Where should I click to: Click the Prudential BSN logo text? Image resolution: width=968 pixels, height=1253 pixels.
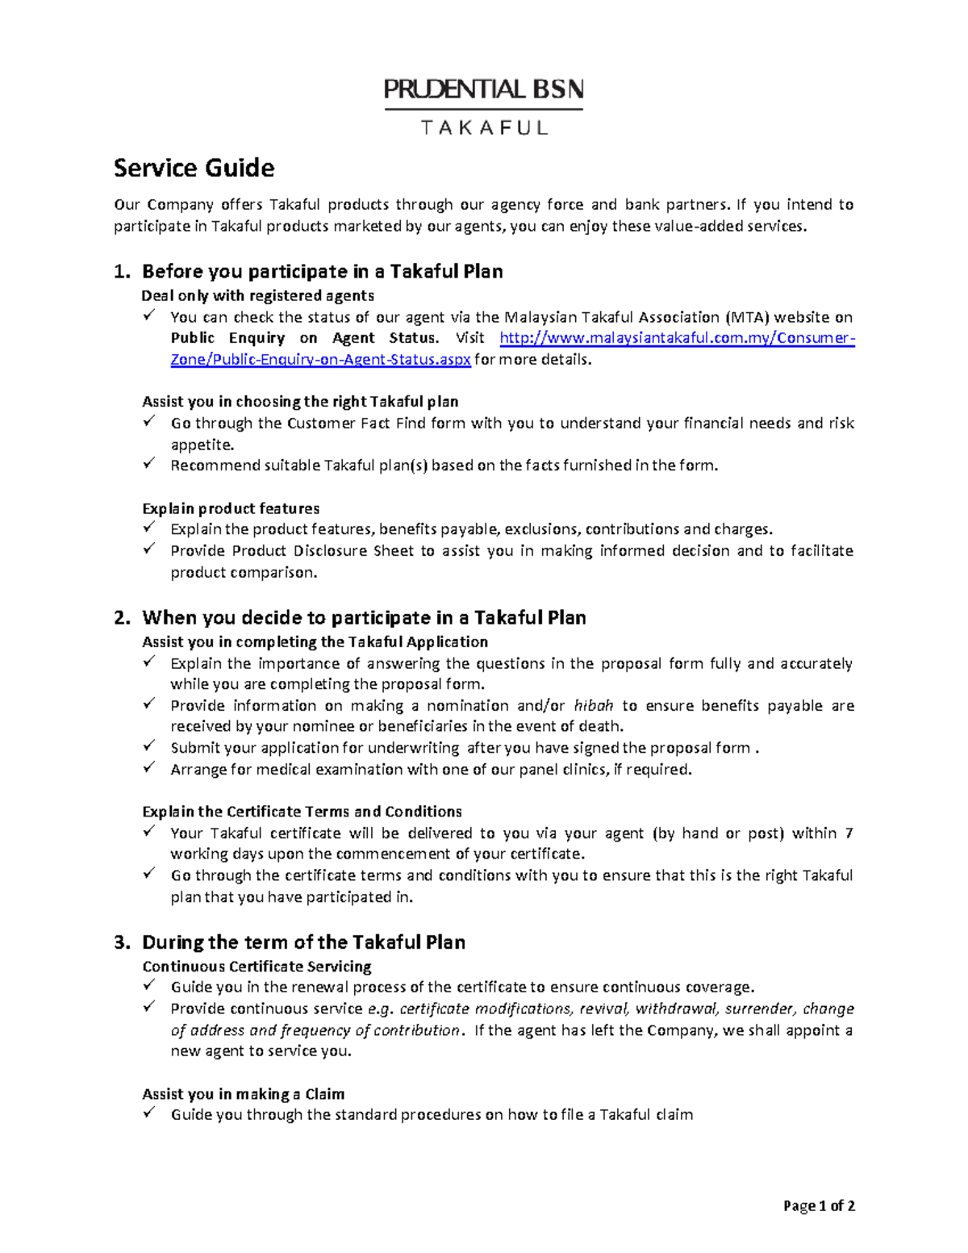click(483, 89)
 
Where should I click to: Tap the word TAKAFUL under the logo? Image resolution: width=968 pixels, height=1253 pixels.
click(484, 127)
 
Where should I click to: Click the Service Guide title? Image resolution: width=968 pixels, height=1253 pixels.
click(194, 168)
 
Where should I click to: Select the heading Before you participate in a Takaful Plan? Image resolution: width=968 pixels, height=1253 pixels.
click(322, 271)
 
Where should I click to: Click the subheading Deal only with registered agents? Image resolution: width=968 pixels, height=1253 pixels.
click(257, 295)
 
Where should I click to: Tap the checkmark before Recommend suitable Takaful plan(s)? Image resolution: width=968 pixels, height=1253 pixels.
click(149, 464)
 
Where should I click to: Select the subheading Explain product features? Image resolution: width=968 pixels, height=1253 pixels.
click(231, 508)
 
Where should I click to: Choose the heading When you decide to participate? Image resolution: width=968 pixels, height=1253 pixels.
click(364, 618)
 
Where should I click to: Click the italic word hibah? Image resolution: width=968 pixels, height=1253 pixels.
click(593, 706)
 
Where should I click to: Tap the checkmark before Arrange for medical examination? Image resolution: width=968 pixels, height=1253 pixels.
click(149, 768)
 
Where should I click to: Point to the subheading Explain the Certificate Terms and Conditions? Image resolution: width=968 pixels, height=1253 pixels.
click(302, 812)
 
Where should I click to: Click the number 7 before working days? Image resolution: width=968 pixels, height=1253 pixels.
click(849, 833)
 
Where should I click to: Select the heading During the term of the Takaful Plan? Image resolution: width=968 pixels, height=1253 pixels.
click(303, 942)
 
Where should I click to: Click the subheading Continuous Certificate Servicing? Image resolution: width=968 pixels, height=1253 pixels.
click(257, 967)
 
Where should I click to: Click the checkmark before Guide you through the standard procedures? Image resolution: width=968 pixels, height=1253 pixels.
click(149, 1113)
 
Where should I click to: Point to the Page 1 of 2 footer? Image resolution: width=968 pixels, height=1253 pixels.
click(819, 1206)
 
